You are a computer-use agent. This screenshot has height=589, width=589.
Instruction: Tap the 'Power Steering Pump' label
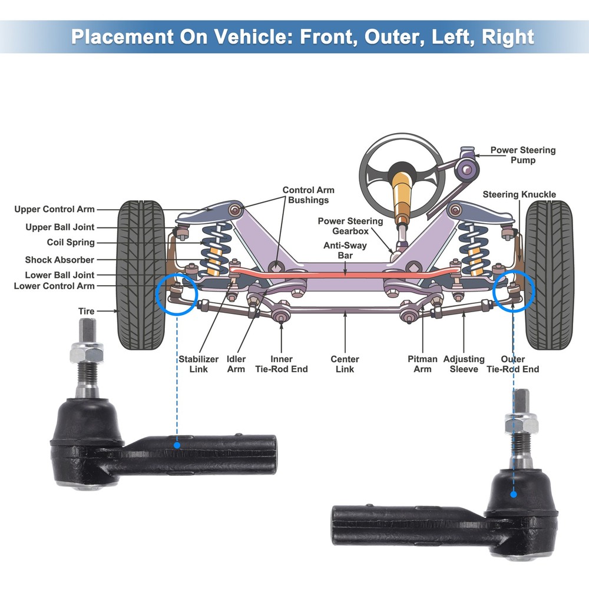(x=523, y=155)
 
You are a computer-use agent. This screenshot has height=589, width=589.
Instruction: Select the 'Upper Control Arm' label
(x=54, y=209)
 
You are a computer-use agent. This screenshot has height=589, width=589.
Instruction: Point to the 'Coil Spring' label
(x=71, y=243)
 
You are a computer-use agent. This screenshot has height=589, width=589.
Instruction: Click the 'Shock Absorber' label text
(x=59, y=260)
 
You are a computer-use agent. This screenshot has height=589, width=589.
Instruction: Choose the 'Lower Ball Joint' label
(x=59, y=275)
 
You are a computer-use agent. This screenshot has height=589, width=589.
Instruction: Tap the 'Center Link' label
(x=345, y=364)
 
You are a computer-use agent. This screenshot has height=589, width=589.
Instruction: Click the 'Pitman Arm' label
(x=422, y=364)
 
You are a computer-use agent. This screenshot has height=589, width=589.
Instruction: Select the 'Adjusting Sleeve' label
(x=464, y=364)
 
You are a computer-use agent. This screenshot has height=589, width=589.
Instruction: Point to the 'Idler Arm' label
(x=236, y=364)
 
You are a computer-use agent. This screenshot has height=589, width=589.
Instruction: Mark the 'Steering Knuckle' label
(x=519, y=195)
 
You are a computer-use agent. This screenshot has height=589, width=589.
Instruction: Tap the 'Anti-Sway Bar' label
(x=345, y=251)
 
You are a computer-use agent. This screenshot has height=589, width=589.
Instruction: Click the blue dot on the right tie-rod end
(x=514, y=494)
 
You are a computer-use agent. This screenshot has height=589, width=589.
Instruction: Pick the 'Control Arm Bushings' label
(x=308, y=195)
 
